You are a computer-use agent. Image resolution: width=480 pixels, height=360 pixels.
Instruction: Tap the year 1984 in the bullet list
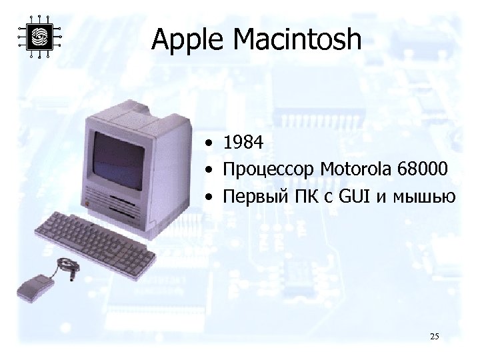click(244, 142)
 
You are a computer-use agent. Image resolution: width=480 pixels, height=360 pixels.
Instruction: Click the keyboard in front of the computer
click(93, 239)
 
